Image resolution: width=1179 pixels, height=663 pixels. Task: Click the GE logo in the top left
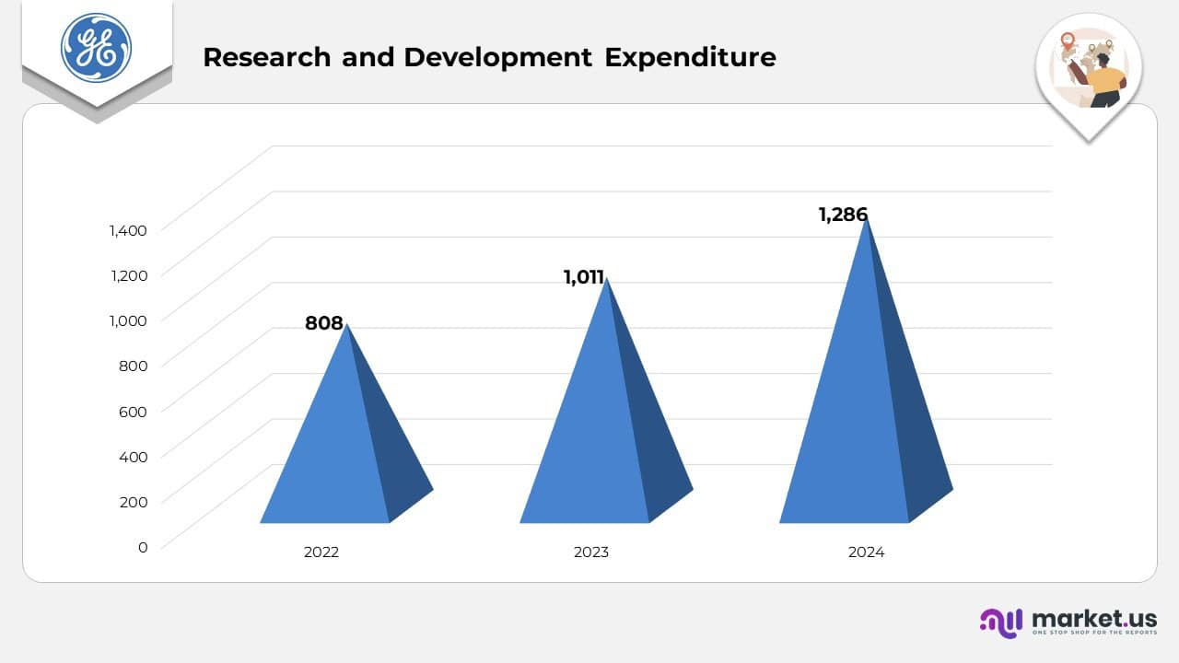[96, 48]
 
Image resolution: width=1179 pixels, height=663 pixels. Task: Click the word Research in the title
[266, 57]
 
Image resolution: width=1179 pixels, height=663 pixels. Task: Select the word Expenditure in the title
[690, 57]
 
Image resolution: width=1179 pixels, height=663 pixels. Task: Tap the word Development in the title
[497, 57]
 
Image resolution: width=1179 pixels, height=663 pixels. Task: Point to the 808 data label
[324, 323]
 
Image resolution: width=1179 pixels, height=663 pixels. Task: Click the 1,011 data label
[584, 277]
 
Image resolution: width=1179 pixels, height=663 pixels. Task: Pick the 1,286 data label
[843, 215]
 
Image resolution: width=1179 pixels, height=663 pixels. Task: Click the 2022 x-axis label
[321, 552]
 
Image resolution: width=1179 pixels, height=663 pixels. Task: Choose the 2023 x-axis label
[591, 552]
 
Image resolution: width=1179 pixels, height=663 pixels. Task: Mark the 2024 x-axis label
[866, 552]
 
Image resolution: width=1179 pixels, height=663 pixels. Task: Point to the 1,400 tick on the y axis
[128, 230]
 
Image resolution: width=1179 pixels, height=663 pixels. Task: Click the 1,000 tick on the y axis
[128, 320]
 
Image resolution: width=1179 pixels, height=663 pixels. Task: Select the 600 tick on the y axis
[134, 411]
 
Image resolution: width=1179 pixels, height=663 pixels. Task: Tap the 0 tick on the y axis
[142, 547]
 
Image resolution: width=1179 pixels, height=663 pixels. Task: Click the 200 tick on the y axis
[134, 502]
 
